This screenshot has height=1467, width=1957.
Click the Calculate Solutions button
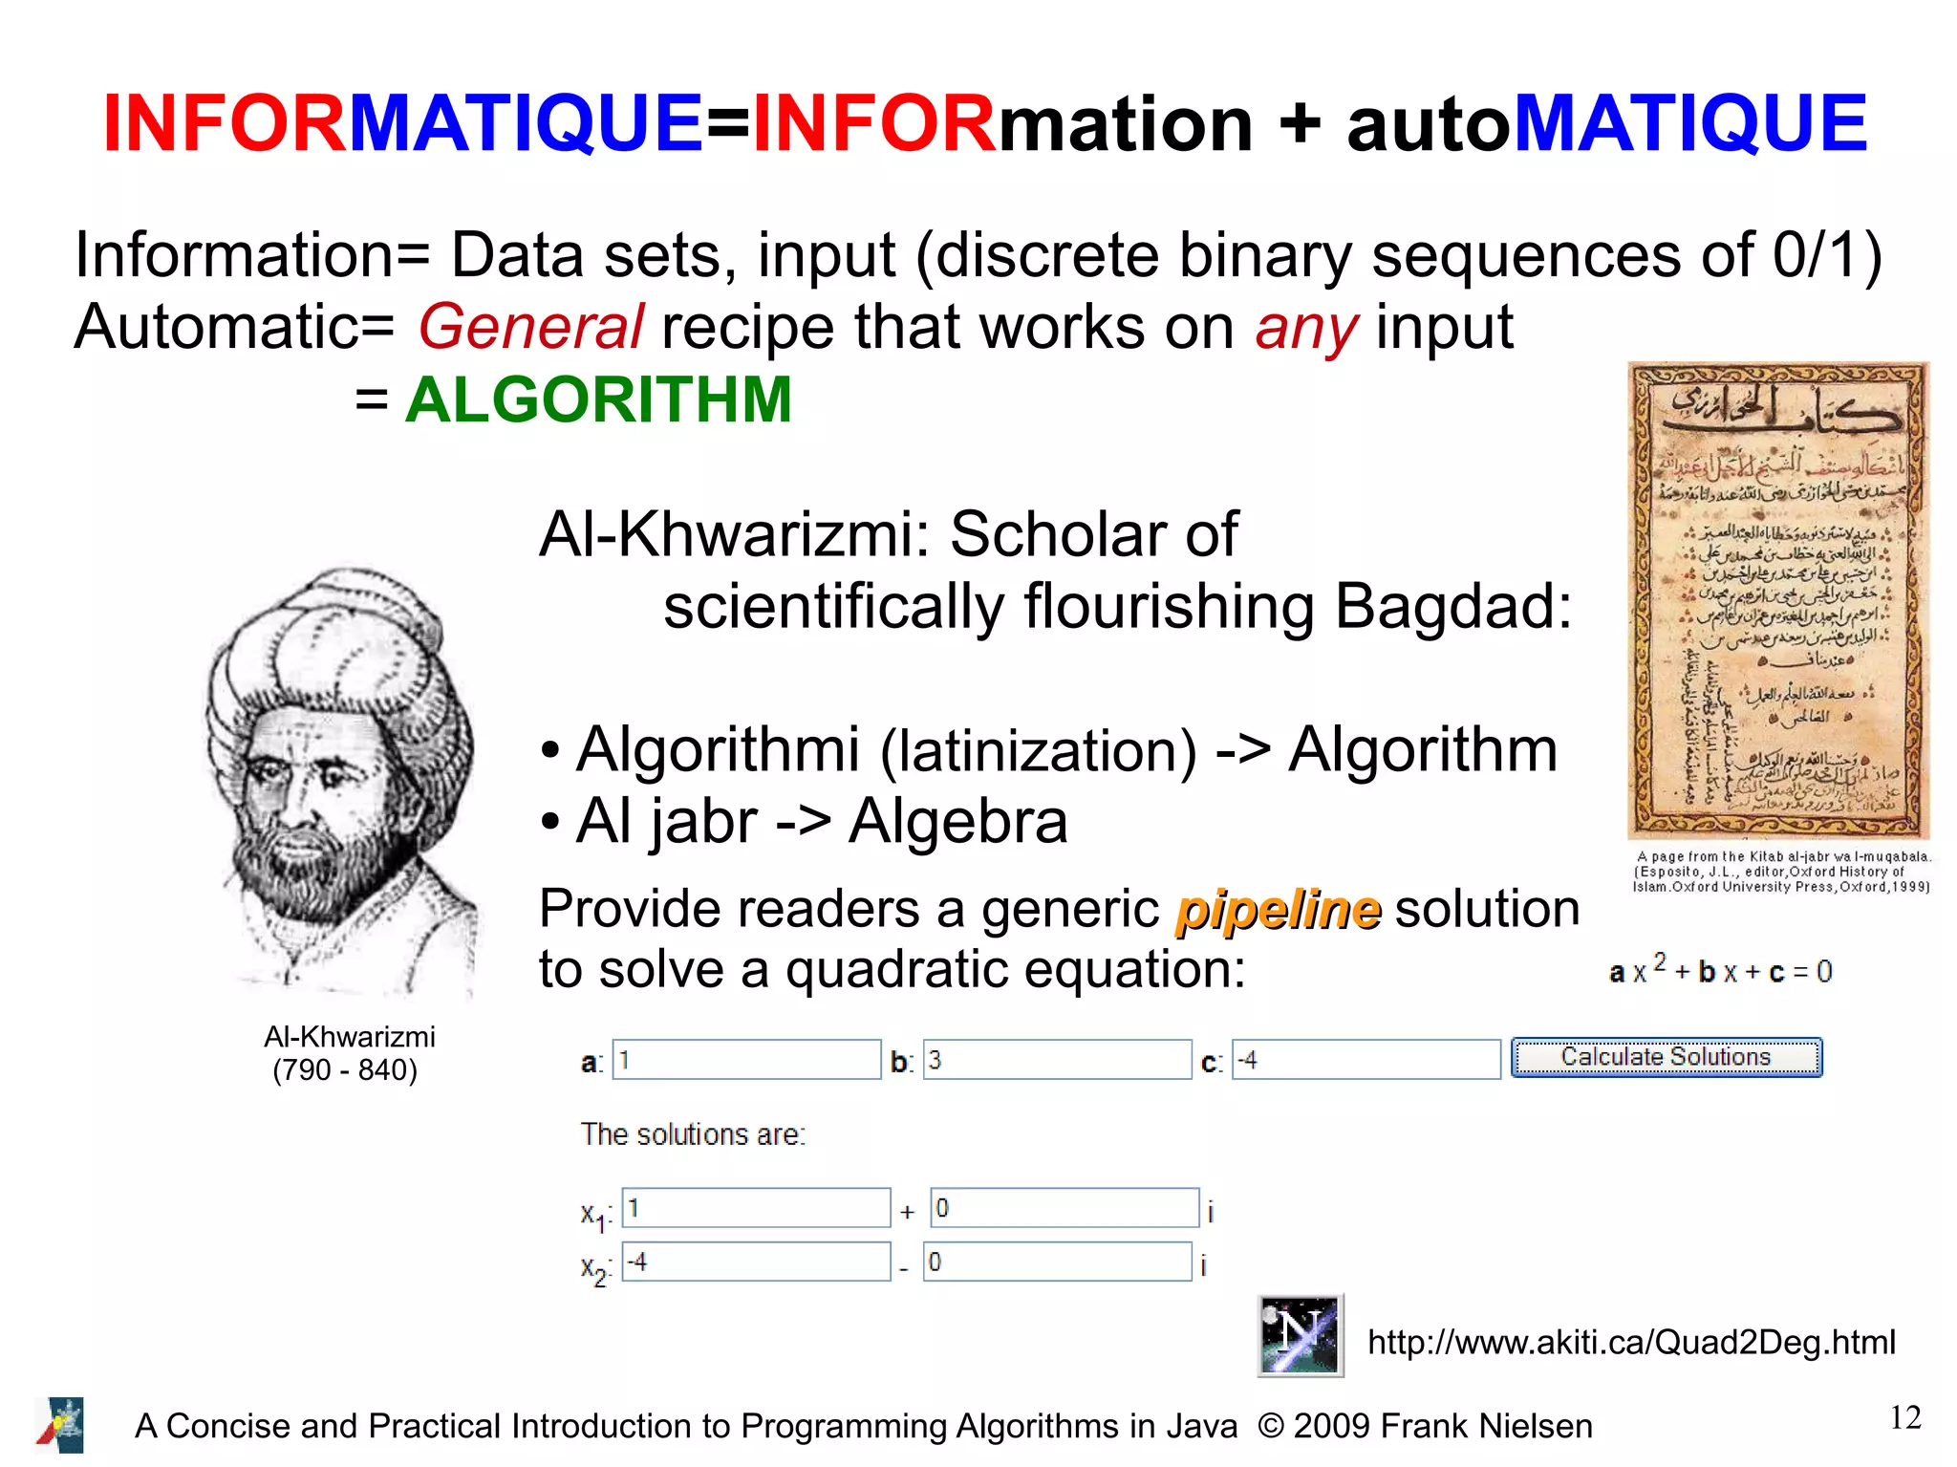(x=1666, y=1058)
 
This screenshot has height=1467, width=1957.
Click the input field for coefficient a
(x=745, y=1060)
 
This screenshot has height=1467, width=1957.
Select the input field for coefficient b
(x=1056, y=1060)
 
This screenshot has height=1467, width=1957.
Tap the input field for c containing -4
(x=1366, y=1060)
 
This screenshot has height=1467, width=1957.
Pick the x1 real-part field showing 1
(x=755, y=1208)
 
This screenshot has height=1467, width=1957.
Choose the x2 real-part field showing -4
(x=755, y=1262)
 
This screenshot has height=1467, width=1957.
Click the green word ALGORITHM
(x=598, y=399)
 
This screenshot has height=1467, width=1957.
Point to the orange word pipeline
(x=1278, y=909)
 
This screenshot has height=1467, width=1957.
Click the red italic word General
(x=530, y=328)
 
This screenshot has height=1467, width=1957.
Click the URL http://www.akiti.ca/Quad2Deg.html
(x=1631, y=1342)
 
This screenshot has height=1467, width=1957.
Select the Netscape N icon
(x=1300, y=1335)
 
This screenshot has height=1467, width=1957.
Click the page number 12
(x=1904, y=1417)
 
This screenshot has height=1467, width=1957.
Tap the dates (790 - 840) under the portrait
(x=345, y=1069)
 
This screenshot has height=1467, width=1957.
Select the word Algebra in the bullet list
(x=957, y=821)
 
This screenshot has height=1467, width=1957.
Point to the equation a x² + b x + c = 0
(x=1720, y=971)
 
